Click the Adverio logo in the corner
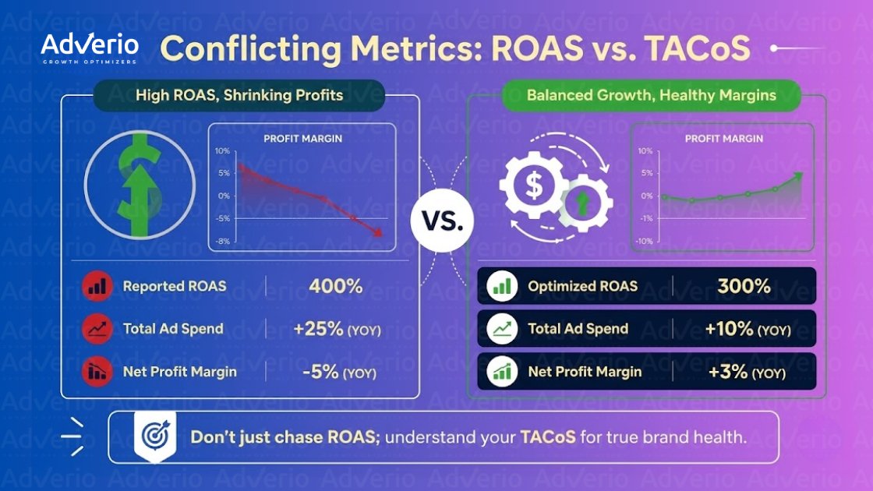(x=90, y=48)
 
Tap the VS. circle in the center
(x=441, y=221)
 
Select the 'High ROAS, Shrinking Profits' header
(x=239, y=96)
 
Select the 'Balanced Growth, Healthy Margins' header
(x=651, y=96)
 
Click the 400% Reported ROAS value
(x=336, y=286)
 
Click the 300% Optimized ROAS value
(x=744, y=286)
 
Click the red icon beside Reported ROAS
(x=97, y=286)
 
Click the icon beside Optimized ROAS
(x=503, y=286)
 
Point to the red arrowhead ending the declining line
(x=378, y=232)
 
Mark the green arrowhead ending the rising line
(x=798, y=178)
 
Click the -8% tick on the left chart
(x=223, y=242)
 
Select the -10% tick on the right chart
(x=644, y=242)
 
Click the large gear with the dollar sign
(x=534, y=185)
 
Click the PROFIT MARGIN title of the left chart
(x=302, y=139)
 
